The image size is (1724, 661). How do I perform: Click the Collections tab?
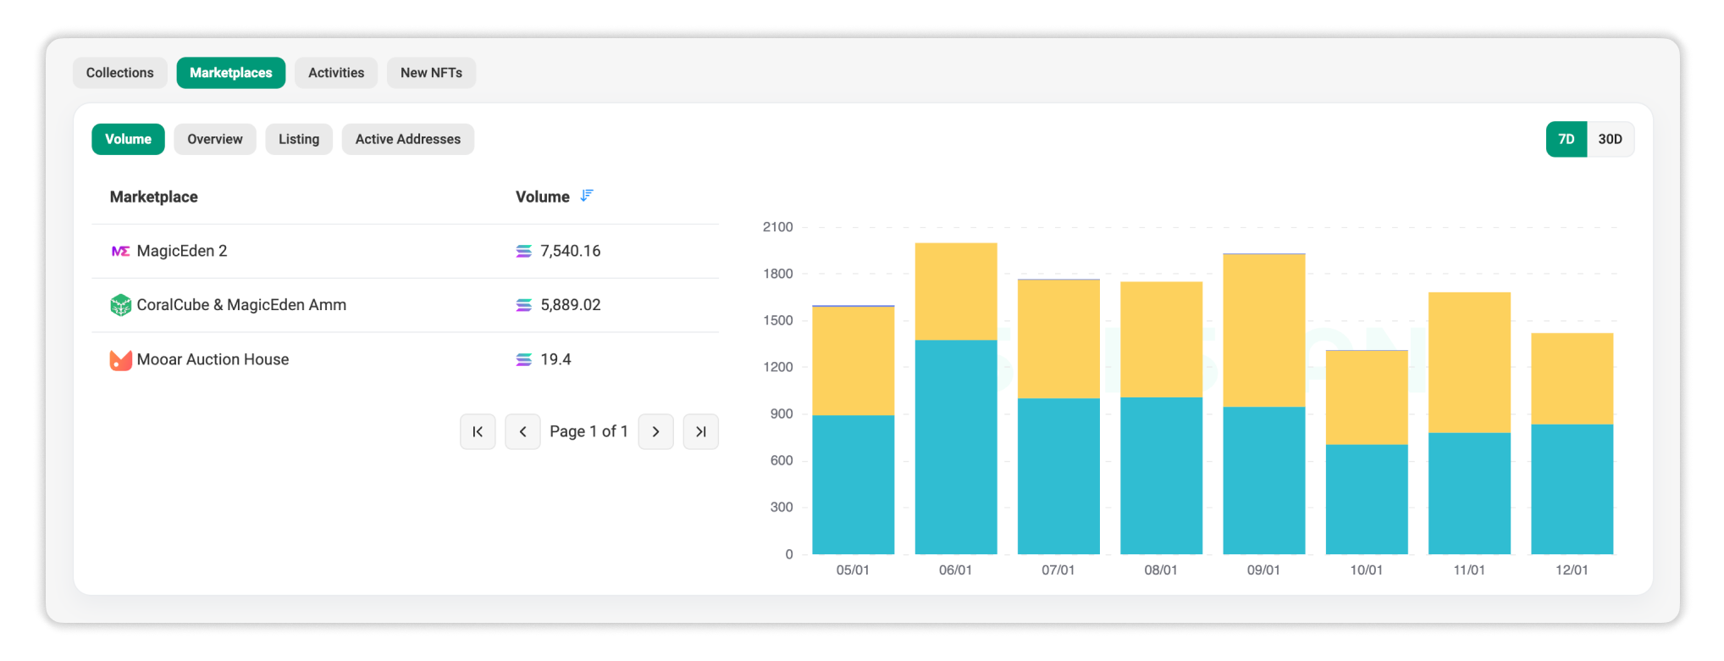pyautogui.click(x=119, y=73)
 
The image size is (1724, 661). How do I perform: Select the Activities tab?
pyautogui.click(x=336, y=73)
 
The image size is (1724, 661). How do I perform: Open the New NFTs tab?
pyautogui.click(x=431, y=73)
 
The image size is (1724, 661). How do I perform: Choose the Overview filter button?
pyautogui.click(x=214, y=139)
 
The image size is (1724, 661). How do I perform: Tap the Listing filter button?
pyautogui.click(x=299, y=139)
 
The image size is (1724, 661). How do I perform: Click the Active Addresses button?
pyautogui.click(x=407, y=139)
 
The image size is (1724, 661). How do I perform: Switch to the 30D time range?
pyautogui.click(x=1610, y=139)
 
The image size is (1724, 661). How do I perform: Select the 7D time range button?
pyautogui.click(x=1566, y=139)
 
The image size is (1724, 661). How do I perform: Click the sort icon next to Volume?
pyautogui.click(x=587, y=196)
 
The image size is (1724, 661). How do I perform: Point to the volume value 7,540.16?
pyautogui.click(x=570, y=251)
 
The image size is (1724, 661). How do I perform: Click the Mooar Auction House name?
pyautogui.click(x=213, y=359)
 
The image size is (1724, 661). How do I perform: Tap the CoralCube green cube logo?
pyautogui.click(x=120, y=305)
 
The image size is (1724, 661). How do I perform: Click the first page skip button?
pyautogui.click(x=478, y=431)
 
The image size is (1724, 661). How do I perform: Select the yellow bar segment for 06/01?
pyautogui.click(x=955, y=292)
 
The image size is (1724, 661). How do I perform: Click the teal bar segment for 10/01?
pyautogui.click(x=1366, y=498)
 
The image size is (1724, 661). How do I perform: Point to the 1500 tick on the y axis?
pyautogui.click(x=777, y=320)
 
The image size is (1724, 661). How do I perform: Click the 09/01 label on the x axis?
pyautogui.click(x=1263, y=570)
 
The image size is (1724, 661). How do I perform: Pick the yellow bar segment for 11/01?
pyautogui.click(x=1468, y=362)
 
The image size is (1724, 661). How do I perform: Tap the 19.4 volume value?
pyautogui.click(x=555, y=359)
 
